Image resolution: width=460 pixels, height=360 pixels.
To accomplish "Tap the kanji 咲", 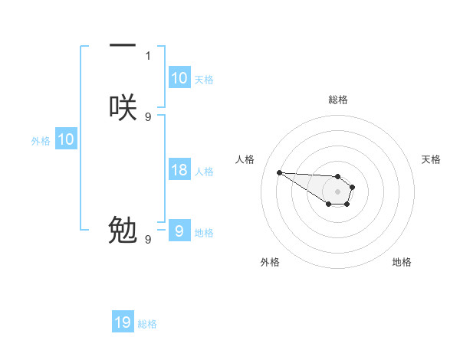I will [123, 107].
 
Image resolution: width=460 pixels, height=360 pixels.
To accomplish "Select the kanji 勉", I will [123, 230].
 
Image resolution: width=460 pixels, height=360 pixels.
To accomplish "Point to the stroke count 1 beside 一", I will [148, 55].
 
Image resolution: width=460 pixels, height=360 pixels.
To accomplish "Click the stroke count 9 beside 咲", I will [148, 116].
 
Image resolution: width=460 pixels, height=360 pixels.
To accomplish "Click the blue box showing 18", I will [179, 170].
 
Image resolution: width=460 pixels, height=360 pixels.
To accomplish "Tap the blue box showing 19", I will [123, 322].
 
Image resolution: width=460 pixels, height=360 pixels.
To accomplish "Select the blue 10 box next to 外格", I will [66, 139].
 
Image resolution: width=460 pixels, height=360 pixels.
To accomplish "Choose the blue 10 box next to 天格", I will [179, 78].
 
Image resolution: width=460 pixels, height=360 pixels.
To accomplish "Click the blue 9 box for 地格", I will [179, 231].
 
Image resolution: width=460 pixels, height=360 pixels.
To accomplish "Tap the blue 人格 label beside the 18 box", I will [204, 171].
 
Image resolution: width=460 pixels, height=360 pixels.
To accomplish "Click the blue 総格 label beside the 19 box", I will [147, 324].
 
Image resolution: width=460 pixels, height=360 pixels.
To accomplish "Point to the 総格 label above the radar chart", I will [337, 100].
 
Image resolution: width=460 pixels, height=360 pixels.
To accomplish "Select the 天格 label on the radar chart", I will [432, 159].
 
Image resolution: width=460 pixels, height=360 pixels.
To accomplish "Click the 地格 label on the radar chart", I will [402, 263].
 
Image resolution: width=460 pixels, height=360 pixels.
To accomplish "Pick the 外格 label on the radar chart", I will [270, 263].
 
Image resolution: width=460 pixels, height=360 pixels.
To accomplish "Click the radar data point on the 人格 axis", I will [279, 172].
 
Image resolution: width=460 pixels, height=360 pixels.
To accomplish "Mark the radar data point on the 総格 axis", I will [337, 175].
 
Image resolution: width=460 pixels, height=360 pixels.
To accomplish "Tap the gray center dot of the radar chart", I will [337, 191].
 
